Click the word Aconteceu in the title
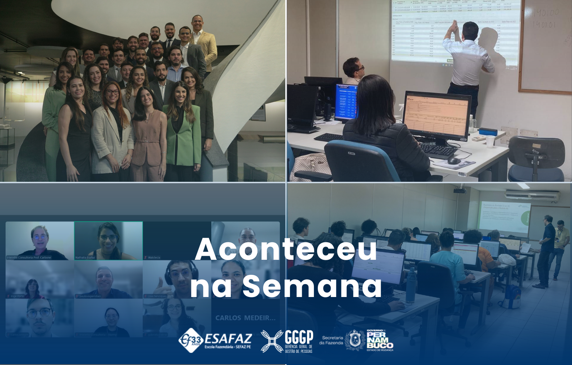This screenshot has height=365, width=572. (x=286, y=249)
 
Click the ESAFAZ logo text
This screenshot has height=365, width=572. (x=228, y=339)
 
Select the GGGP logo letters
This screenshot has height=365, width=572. (x=299, y=337)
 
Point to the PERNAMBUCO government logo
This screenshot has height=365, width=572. (x=380, y=340)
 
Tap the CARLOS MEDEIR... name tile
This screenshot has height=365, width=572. (x=245, y=318)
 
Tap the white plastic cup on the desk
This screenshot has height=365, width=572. (x=490, y=141)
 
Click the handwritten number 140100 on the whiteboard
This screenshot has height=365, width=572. (x=546, y=14)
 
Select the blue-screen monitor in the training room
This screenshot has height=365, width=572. (x=346, y=102)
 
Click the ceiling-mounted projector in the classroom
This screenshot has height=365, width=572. (x=460, y=190)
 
